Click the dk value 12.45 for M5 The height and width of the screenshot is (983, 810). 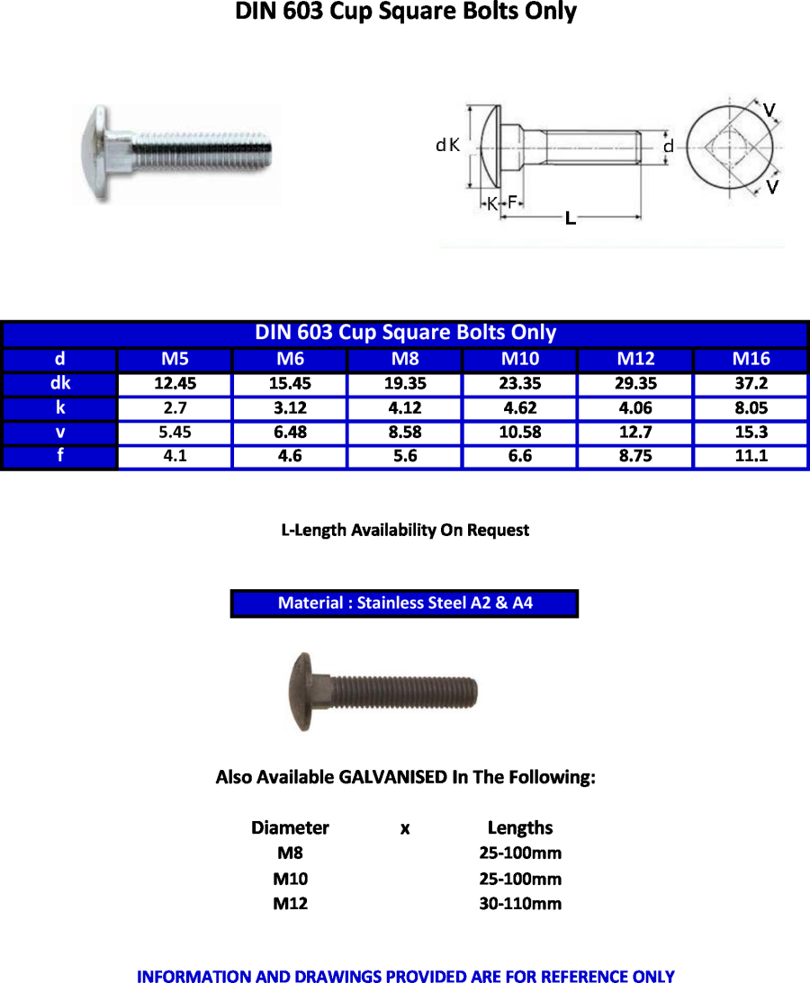[175, 384]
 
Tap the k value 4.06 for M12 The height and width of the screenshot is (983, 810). [635, 408]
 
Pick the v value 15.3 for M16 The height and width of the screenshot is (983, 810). [751, 433]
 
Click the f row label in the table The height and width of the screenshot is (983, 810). [59, 456]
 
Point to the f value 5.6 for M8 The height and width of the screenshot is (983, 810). [405, 456]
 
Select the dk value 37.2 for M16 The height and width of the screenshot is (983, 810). [751, 384]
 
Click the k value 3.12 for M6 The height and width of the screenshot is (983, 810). [290, 408]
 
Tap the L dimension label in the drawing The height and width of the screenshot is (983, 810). [570, 218]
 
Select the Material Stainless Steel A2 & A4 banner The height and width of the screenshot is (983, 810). [404, 603]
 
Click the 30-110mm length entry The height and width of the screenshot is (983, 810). [520, 904]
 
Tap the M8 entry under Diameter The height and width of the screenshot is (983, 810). [290, 853]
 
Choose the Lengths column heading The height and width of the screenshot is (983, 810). [520, 827]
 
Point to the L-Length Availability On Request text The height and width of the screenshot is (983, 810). [405, 531]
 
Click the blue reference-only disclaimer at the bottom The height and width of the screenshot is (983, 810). [405, 976]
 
